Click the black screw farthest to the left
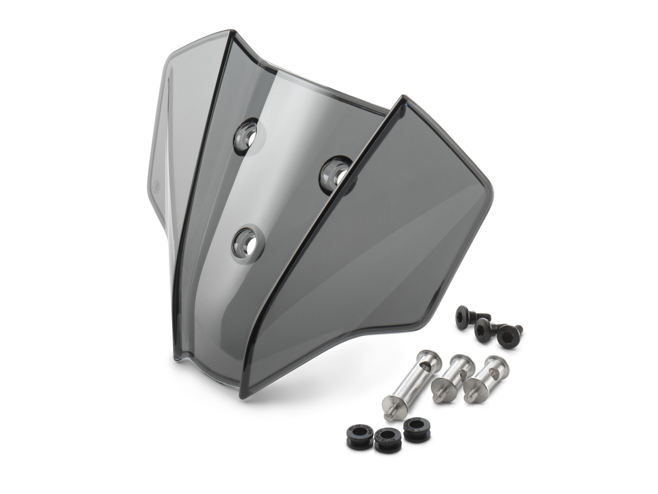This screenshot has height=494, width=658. (465, 315)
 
